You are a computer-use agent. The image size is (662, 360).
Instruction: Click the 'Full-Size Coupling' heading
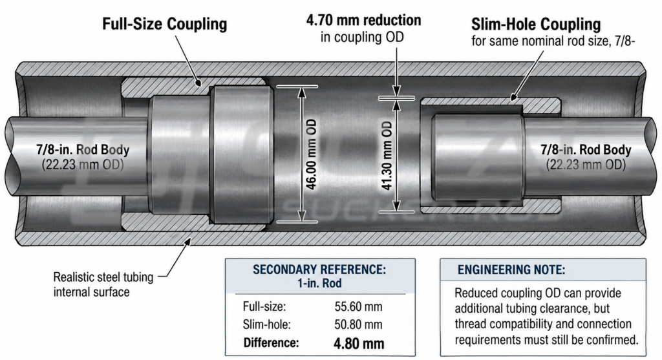[164, 24]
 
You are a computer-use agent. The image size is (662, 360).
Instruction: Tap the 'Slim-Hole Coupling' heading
[536, 24]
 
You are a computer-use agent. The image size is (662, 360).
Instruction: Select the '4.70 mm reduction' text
[363, 20]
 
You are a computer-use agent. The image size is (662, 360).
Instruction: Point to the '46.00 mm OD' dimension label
[312, 154]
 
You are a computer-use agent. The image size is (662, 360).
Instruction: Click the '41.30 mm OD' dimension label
[387, 155]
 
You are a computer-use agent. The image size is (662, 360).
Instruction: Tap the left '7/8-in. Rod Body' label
[83, 150]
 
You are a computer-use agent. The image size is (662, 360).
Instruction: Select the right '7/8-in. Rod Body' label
[586, 150]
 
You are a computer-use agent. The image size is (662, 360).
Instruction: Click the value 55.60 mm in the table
[358, 306]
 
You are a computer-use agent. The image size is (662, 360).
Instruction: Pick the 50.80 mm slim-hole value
[358, 324]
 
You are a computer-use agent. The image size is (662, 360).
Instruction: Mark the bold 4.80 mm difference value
[359, 343]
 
